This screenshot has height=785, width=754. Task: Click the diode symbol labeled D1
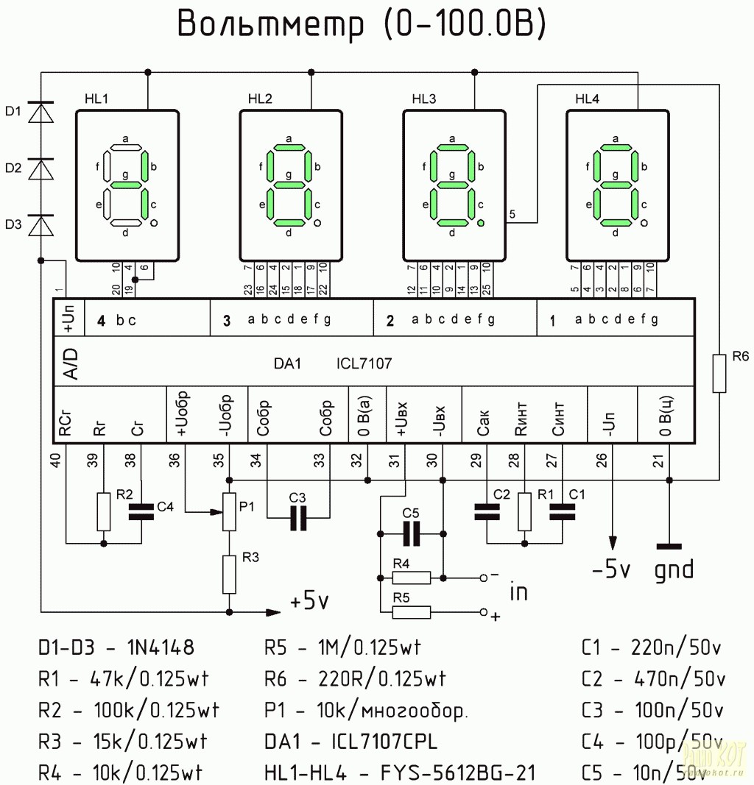40,112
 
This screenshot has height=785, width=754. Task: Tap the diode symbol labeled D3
40,224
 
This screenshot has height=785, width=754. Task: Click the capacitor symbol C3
298,518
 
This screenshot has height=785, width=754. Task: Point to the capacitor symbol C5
411,533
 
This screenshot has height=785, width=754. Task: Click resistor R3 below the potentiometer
230,573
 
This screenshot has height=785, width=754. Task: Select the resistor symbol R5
412,611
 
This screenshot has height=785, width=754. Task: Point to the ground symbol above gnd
669,547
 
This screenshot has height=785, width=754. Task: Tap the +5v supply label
309,601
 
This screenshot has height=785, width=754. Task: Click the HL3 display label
423,99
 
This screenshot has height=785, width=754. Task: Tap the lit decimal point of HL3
481,222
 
